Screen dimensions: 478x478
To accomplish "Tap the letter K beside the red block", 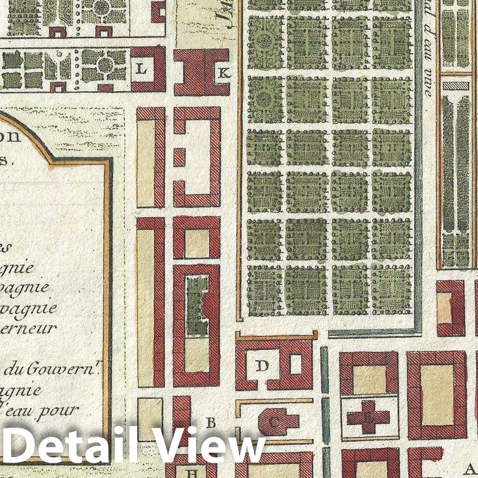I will click(x=223, y=73).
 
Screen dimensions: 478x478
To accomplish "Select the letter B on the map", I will click(x=210, y=422).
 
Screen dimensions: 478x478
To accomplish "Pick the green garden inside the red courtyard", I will click(x=196, y=306).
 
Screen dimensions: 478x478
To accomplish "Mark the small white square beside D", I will click(x=296, y=364).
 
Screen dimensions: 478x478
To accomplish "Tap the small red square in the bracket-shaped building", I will click(x=179, y=157).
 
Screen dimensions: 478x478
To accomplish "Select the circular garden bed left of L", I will click(x=105, y=65).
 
